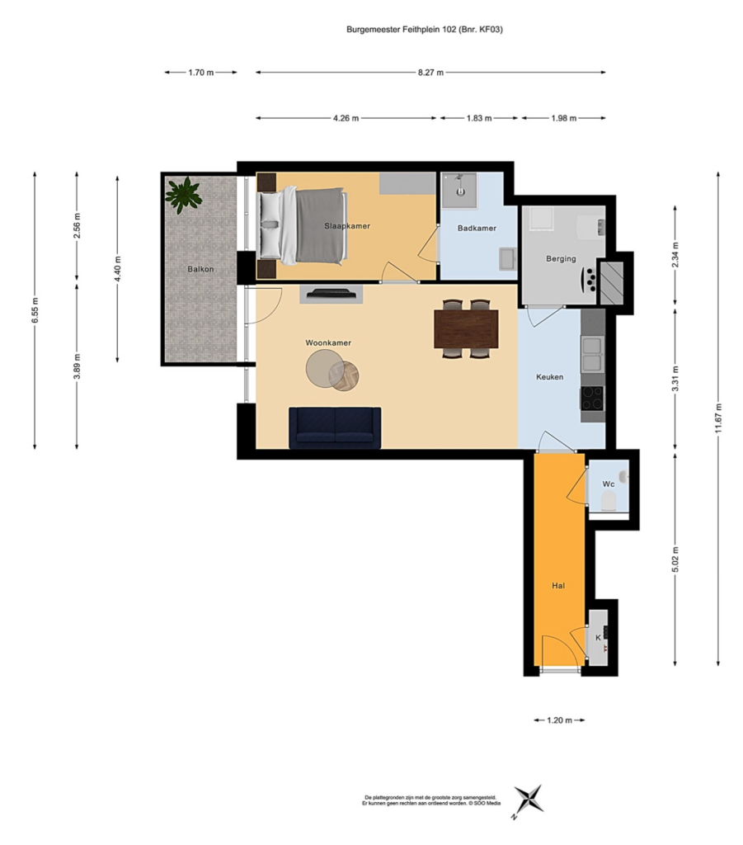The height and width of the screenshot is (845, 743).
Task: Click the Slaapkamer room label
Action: tap(346, 226)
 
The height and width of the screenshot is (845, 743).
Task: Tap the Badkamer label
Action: tap(477, 228)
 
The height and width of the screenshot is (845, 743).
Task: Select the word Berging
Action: tap(561, 258)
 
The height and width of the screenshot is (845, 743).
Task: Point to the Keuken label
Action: tap(549, 376)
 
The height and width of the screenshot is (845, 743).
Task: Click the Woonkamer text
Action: tap(328, 342)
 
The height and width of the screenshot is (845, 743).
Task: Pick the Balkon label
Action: tap(200, 269)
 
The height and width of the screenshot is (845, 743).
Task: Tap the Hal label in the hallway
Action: tap(558, 585)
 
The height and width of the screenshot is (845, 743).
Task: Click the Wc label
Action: tap(609, 484)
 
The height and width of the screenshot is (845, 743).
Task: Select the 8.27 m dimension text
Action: tap(430, 73)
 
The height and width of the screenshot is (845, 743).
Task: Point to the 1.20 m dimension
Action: tap(559, 720)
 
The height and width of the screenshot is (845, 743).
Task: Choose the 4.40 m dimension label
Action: tap(117, 268)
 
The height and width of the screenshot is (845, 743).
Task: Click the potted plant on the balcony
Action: tap(184, 192)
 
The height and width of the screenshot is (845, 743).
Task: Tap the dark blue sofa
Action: tap(335, 428)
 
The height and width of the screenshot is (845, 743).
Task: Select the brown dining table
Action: tap(466, 328)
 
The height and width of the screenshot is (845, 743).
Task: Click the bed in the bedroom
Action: tap(301, 226)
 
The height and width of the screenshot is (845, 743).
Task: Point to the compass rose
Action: tap(527, 800)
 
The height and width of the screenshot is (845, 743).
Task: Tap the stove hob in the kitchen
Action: tap(592, 399)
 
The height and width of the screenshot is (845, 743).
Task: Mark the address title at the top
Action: tap(424, 30)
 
